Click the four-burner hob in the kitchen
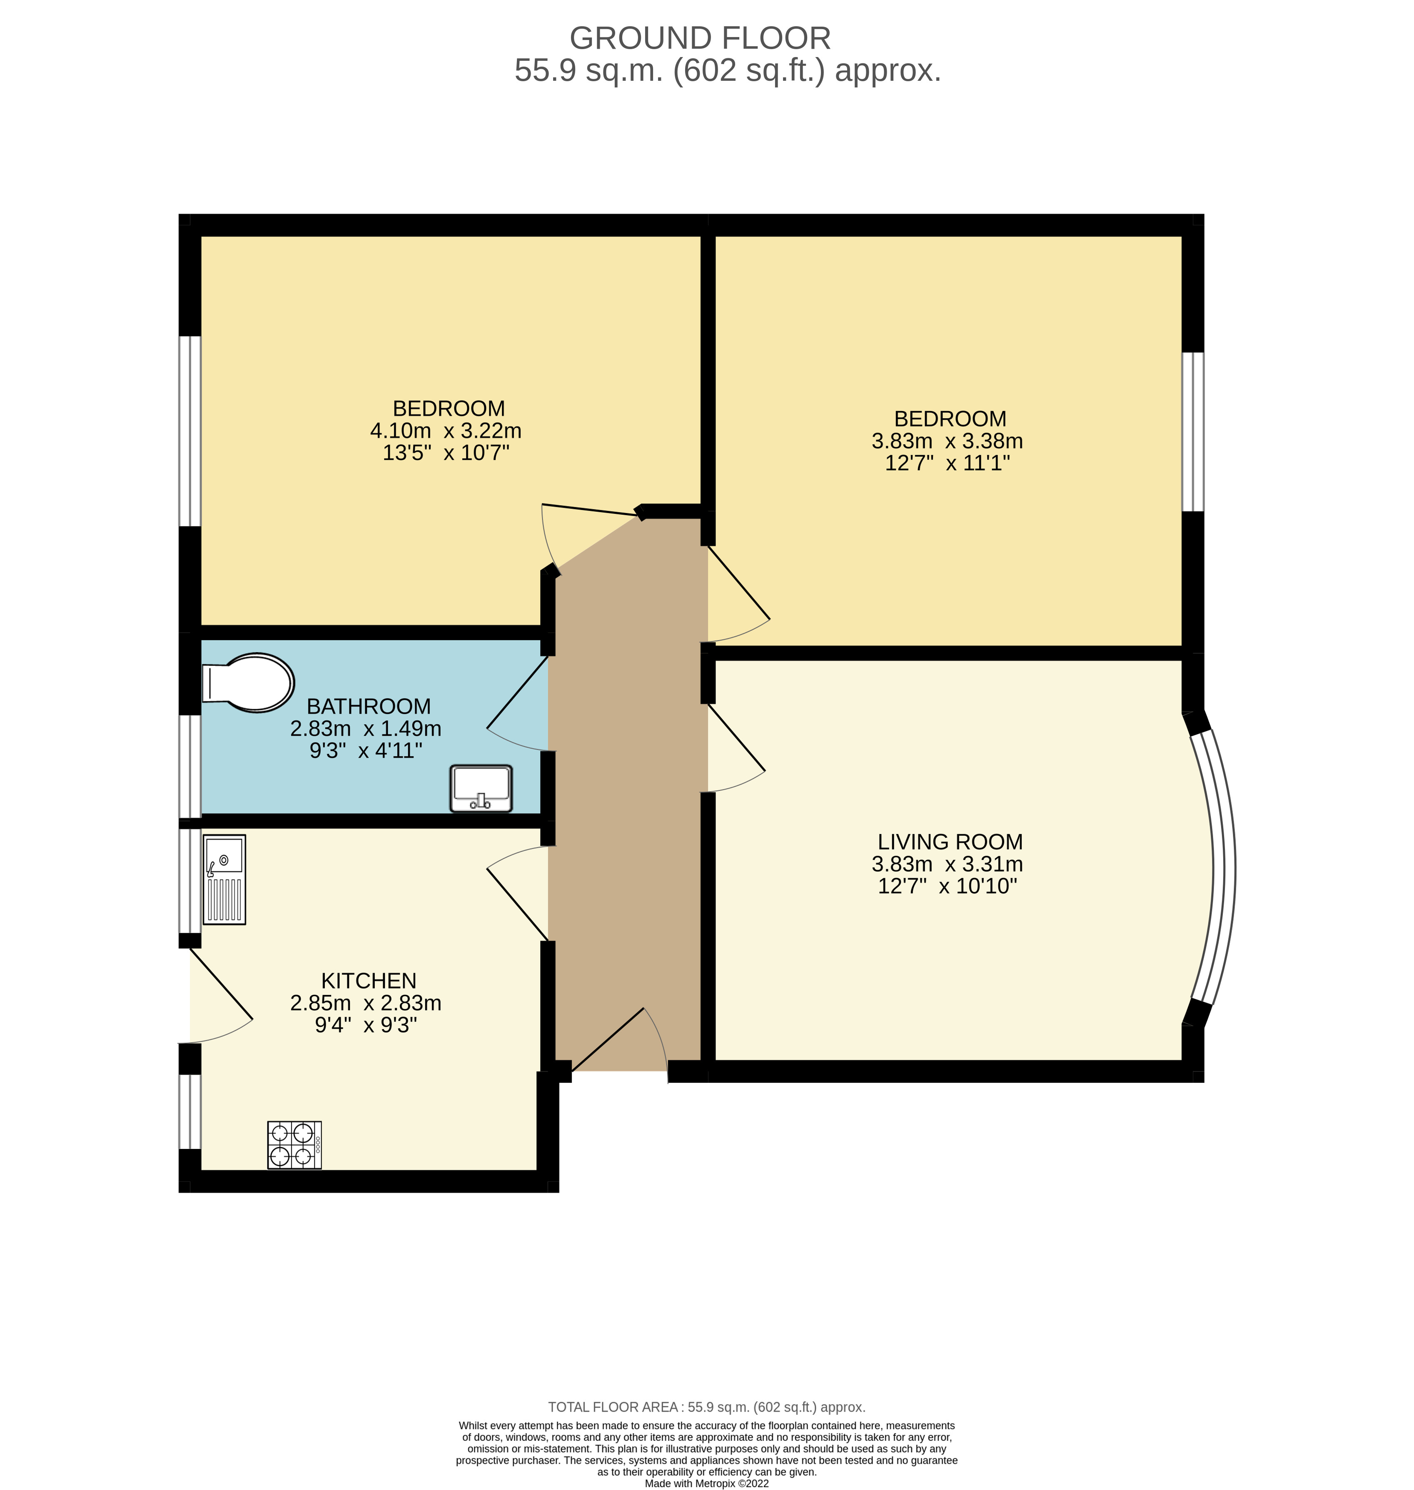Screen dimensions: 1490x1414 tap(294, 1145)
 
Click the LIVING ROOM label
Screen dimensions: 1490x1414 tap(950, 842)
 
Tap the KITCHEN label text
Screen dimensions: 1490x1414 tap(369, 981)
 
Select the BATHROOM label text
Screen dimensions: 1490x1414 tap(369, 706)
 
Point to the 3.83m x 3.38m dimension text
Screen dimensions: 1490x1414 tap(947, 441)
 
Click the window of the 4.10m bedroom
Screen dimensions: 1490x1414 tap(190, 430)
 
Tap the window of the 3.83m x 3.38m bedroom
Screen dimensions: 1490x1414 tap(1192, 432)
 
